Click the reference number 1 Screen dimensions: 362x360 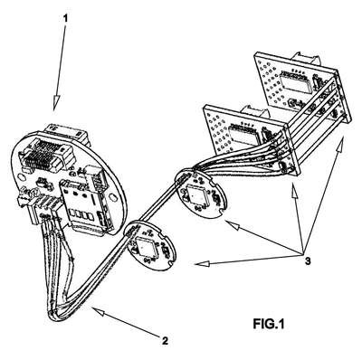pos(66,18)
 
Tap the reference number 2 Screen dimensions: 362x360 pos(165,341)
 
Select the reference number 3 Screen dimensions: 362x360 pos(308,261)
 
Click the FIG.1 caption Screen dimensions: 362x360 pos(269,324)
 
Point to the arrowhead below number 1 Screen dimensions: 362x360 pos(56,103)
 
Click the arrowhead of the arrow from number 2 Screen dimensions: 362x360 pos(99,312)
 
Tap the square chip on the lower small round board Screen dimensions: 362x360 pos(147,246)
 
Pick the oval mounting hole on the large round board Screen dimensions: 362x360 pos(112,196)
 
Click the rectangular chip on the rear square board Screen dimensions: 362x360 pos(295,81)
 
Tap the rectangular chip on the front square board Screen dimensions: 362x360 pos(243,134)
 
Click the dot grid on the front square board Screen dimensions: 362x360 pos(218,130)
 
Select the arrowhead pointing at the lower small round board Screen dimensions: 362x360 pos(202,264)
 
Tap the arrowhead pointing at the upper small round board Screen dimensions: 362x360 pos(233,225)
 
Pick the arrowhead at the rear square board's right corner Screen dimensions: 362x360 pos(340,144)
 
